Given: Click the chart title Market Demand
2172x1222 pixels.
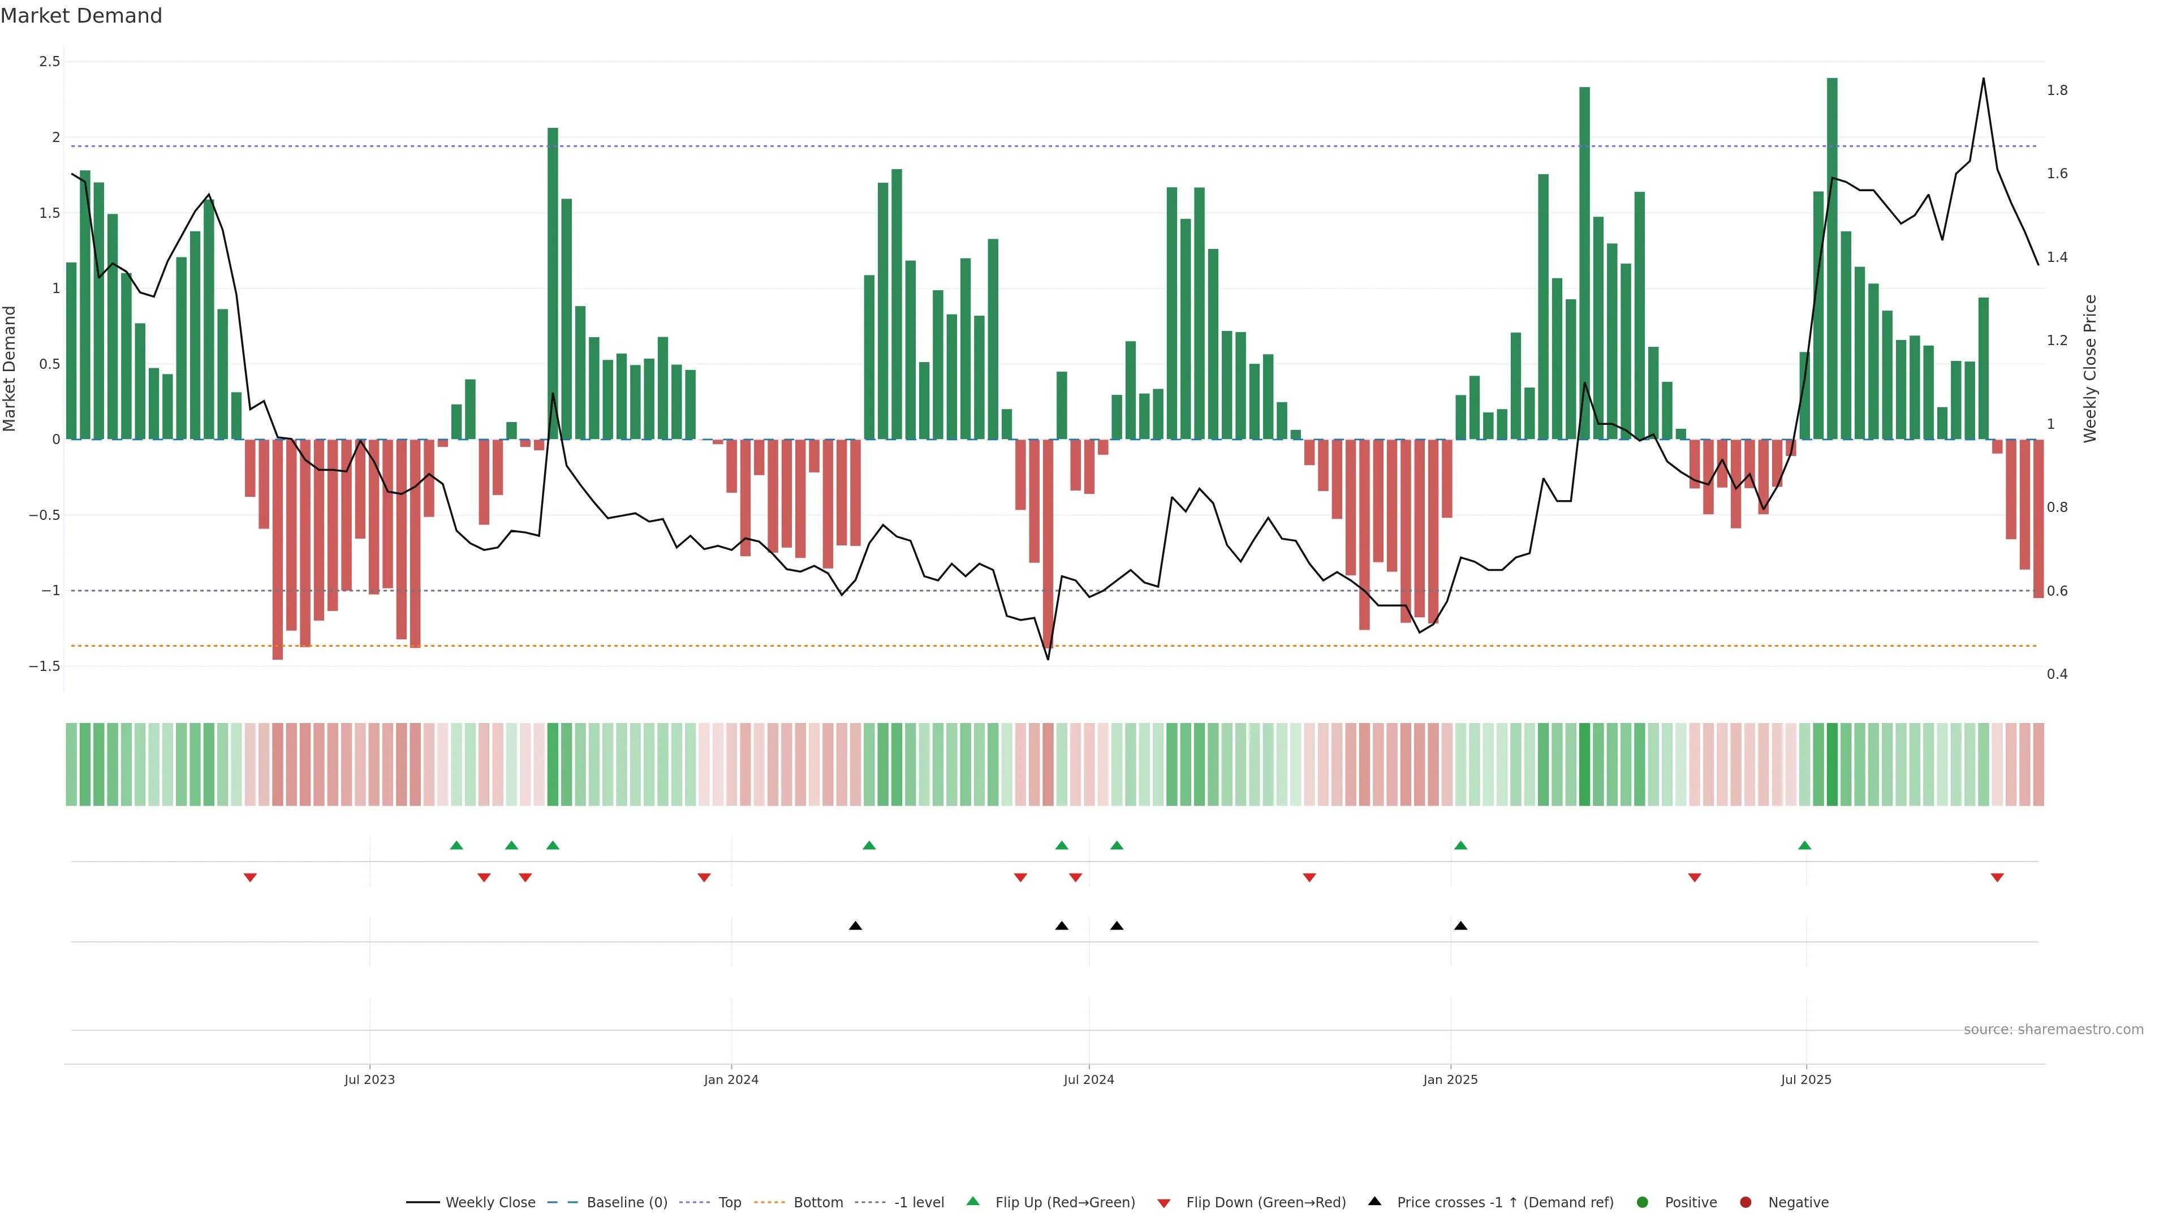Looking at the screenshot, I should pyautogui.click(x=81, y=16).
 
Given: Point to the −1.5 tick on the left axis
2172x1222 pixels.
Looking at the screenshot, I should pyautogui.click(x=45, y=666).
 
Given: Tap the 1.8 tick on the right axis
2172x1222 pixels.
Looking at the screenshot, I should pyautogui.click(x=2057, y=91).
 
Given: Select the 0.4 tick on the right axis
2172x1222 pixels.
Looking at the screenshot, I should pyautogui.click(x=2057, y=674).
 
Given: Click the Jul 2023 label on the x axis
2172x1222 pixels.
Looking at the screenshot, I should pyautogui.click(x=369, y=1079).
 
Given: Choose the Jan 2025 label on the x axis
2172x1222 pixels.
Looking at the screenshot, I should pyautogui.click(x=1450, y=1079).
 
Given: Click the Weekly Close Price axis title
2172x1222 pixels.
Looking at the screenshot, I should pyautogui.click(x=2089, y=368).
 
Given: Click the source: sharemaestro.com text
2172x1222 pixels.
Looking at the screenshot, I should pyautogui.click(x=2053, y=1030).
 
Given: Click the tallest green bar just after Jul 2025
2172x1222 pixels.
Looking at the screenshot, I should pyautogui.click(x=1832, y=253).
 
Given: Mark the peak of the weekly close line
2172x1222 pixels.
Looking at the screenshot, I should pyautogui.click(x=1983, y=79).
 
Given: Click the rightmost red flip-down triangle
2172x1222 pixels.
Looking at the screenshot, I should pyautogui.click(x=1997, y=878).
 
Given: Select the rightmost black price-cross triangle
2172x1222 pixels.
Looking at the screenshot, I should pyautogui.click(x=1460, y=926).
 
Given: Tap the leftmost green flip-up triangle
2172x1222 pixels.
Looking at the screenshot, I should pyautogui.click(x=456, y=845).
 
